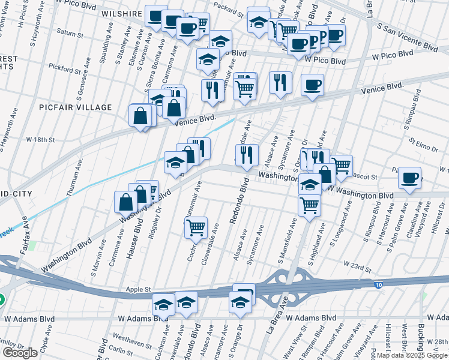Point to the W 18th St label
click(40, 139)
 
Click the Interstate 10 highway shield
click(377, 284)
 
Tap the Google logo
click(20, 353)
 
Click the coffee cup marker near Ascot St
click(409, 178)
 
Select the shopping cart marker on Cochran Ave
click(196, 227)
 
